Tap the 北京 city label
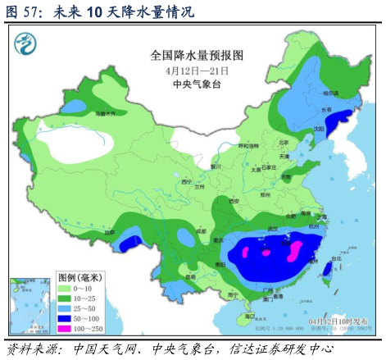point(284,141)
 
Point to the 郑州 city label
point(265,197)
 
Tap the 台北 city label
point(335,259)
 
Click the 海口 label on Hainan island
point(251,315)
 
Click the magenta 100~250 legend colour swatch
point(63,327)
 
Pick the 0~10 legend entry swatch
point(63,288)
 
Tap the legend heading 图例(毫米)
point(79,276)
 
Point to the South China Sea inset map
point(28,305)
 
